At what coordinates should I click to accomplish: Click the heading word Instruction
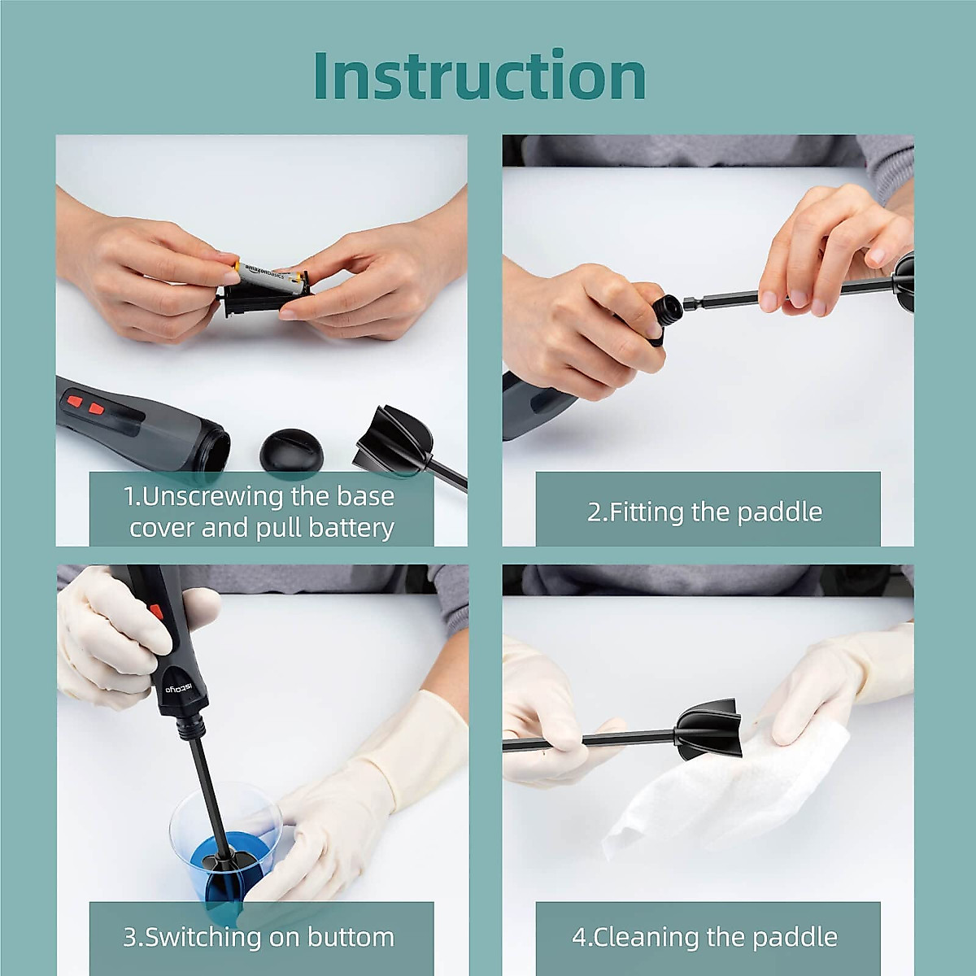pyautogui.click(x=480, y=76)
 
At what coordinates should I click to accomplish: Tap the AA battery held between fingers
pyautogui.click(x=272, y=277)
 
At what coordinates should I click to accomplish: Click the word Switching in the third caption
pyautogui.click(x=203, y=937)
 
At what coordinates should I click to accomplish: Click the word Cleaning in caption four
pyautogui.click(x=647, y=937)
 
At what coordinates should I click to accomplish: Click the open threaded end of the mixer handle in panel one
pyautogui.click(x=213, y=445)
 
